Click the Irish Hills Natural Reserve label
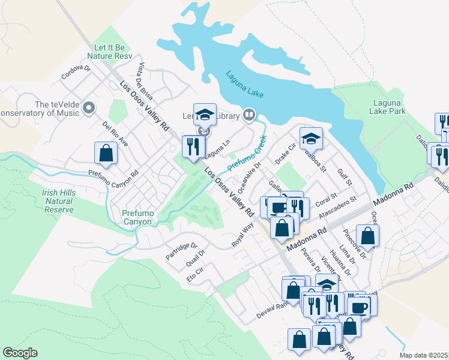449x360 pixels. (x=58, y=201)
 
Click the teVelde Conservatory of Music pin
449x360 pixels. (x=89, y=109)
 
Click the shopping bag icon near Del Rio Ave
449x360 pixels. (x=106, y=153)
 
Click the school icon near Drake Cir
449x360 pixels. (x=311, y=139)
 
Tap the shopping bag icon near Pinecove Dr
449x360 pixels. (x=367, y=236)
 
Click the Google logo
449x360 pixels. (x=20, y=353)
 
